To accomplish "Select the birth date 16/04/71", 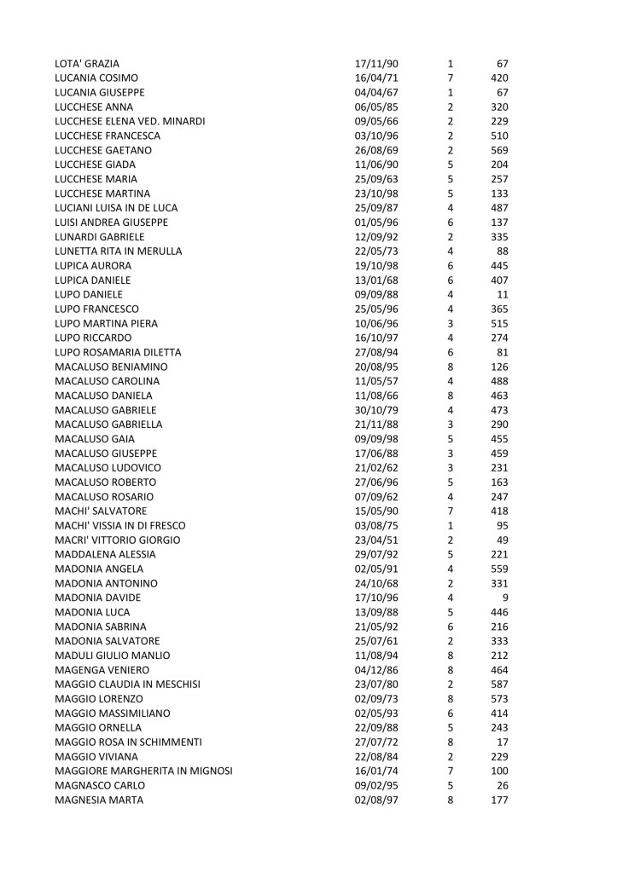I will [375, 78].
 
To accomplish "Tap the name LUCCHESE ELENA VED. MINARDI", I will [130, 121].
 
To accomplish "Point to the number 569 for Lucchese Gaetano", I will [500, 150].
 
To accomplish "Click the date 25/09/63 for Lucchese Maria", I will [375, 179].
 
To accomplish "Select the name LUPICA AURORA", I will [92, 265].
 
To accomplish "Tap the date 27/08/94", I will [375, 352].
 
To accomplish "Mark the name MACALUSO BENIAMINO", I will [109, 367].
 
